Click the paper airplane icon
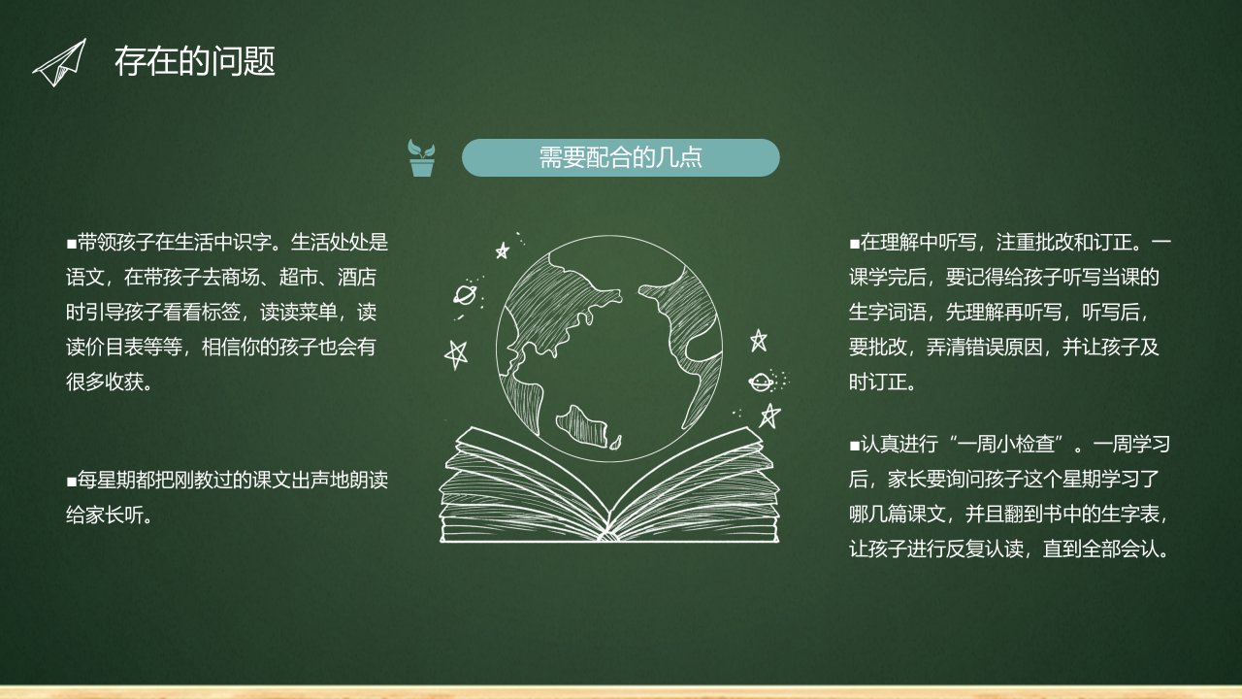(x=60, y=63)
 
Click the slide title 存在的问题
(x=195, y=61)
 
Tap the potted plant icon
(x=421, y=158)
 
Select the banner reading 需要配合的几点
(x=620, y=157)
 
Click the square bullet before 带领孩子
(x=71, y=244)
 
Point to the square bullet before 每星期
(x=71, y=481)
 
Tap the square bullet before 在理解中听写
(x=854, y=244)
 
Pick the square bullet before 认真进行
(x=854, y=446)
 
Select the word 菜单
(x=318, y=312)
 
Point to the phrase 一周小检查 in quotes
(x=1005, y=445)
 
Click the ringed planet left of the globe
(x=465, y=294)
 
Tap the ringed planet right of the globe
(x=762, y=382)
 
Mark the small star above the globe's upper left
(x=503, y=250)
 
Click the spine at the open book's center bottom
(x=608, y=530)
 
